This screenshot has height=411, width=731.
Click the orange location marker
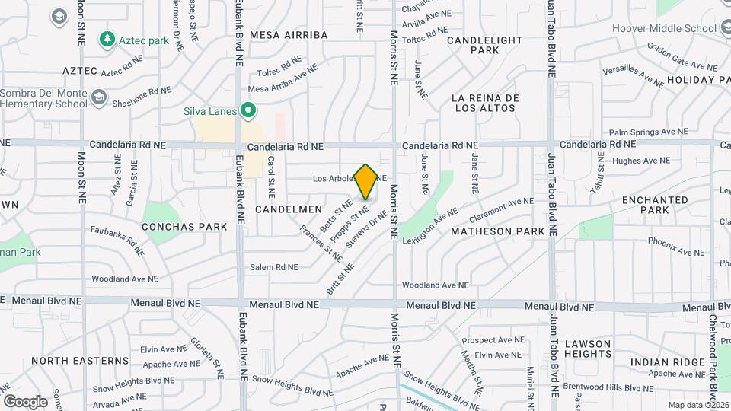click(x=366, y=181)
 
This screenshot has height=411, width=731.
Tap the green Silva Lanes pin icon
click(x=247, y=111)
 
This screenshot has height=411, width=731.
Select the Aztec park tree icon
click(x=108, y=38)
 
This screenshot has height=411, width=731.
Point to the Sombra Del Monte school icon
click(x=98, y=97)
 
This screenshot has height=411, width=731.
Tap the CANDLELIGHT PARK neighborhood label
click(x=485, y=45)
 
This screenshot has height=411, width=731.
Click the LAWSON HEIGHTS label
click(x=589, y=349)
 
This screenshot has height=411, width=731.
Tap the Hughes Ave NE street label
click(x=640, y=161)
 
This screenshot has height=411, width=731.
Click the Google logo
click(x=25, y=401)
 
